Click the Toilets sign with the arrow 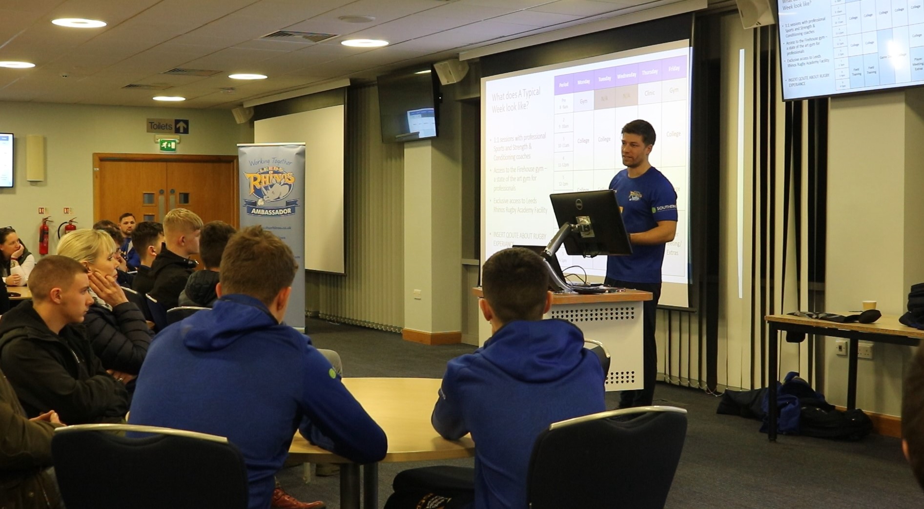pos(167,126)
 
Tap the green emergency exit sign pos(168,144)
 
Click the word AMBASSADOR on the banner pos(270,211)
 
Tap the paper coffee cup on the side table pos(869,306)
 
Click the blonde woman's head pos(87,251)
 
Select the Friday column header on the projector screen pos(674,69)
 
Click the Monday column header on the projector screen pos(583,82)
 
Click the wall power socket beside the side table pos(864,351)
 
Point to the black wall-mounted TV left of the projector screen pos(408,107)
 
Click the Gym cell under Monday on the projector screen pos(583,101)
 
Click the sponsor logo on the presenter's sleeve pos(663,208)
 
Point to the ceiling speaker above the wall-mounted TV pos(451,71)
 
